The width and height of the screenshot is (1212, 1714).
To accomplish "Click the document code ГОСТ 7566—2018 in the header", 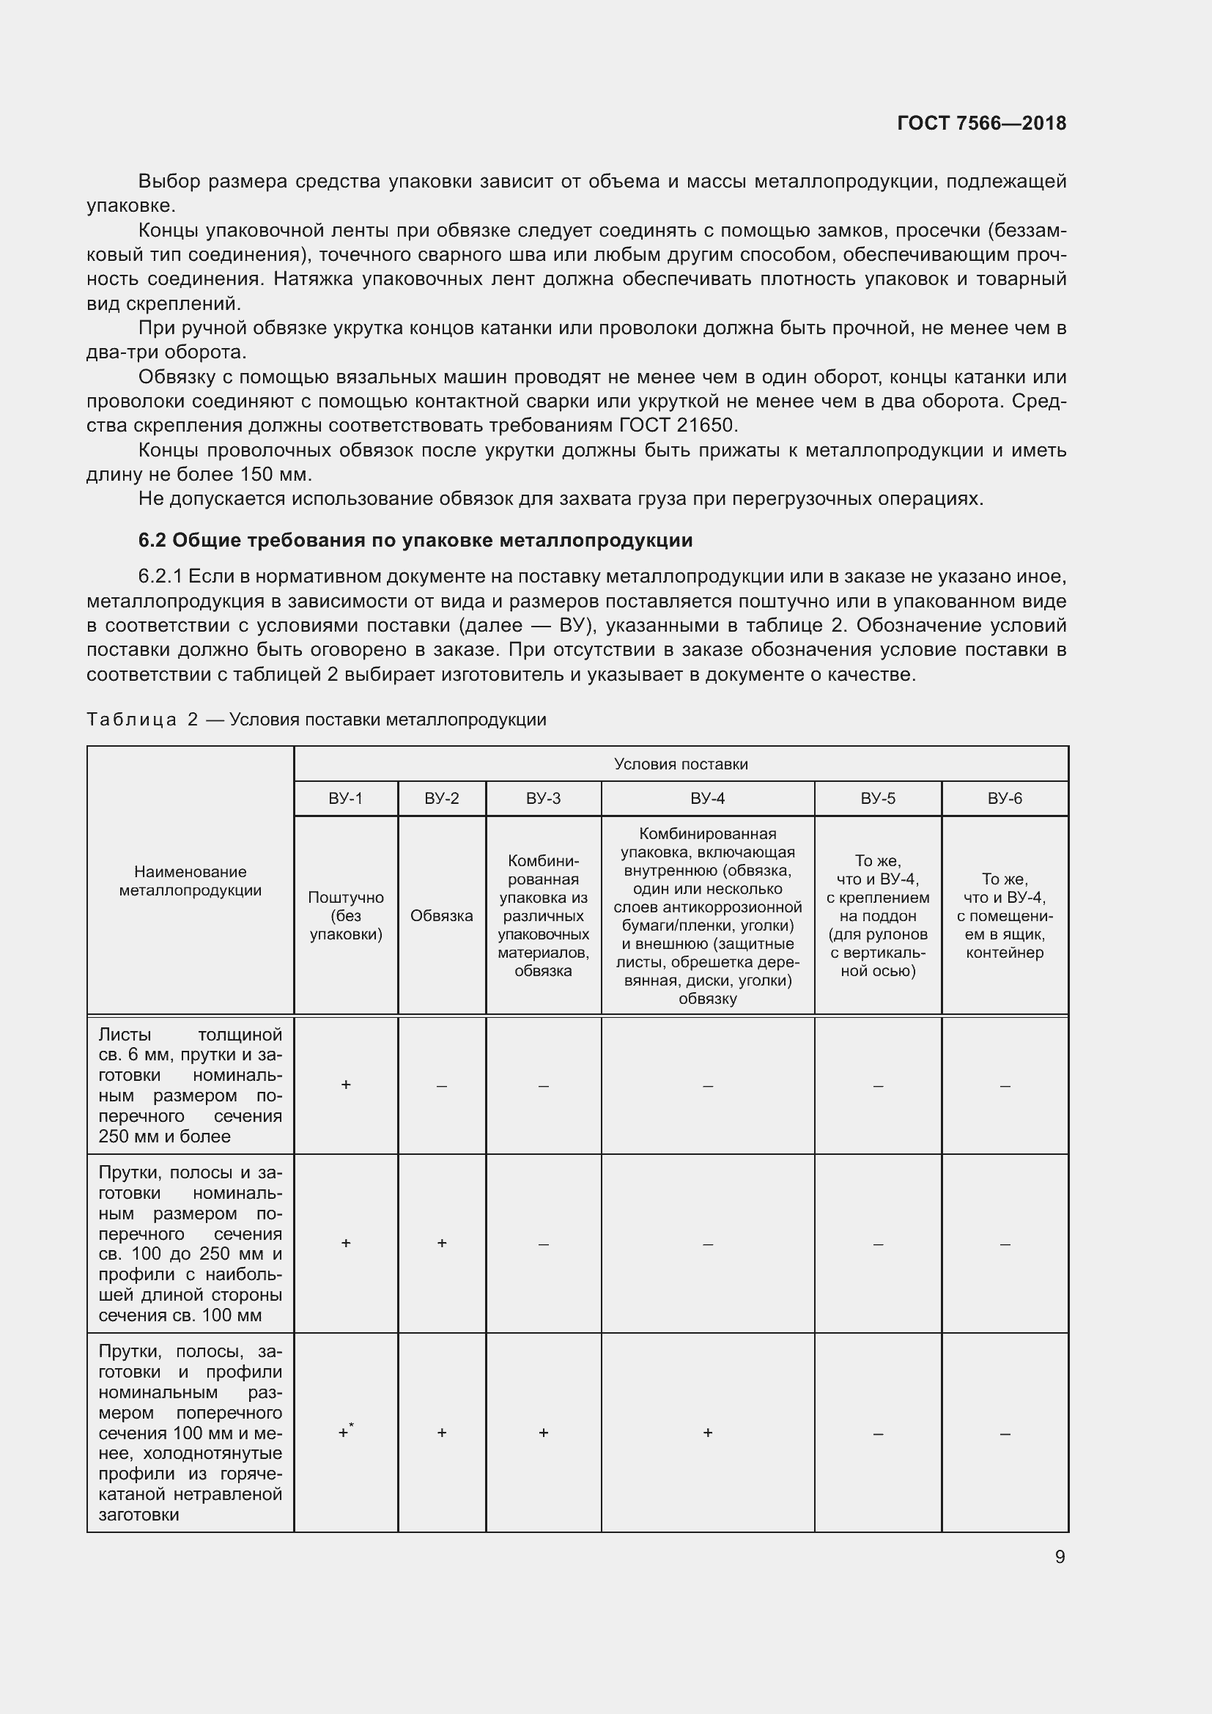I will [x=980, y=123].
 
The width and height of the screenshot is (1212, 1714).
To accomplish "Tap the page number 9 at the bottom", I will [x=1060, y=1556].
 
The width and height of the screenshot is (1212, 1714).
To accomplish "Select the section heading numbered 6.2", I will [x=415, y=540].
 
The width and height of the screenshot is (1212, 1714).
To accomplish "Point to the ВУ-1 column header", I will [x=346, y=798].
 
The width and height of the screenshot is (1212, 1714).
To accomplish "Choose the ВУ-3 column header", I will [x=542, y=798].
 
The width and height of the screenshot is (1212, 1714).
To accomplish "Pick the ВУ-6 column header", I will [x=1005, y=798].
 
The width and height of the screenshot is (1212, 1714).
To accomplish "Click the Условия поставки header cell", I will [x=681, y=764].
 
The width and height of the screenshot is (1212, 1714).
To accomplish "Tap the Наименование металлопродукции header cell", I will [x=191, y=880].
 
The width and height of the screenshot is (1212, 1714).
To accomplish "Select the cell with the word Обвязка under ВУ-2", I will [x=442, y=915].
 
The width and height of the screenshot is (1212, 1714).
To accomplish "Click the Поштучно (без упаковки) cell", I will [x=346, y=915].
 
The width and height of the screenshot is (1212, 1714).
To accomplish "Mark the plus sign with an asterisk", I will [x=346, y=1431].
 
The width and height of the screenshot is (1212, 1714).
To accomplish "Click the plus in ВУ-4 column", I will [x=708, y=1432].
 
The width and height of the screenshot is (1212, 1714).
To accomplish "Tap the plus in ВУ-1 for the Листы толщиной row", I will [x=346, y=1084].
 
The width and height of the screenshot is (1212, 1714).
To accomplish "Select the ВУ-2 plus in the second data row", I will [x=442, y=1242].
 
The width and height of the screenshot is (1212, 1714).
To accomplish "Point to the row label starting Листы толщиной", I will [x=191, y=1084].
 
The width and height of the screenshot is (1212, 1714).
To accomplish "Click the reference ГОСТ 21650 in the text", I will [x=678, y=426].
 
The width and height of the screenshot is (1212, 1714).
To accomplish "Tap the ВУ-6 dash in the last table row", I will [x=1005, y=1433].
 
